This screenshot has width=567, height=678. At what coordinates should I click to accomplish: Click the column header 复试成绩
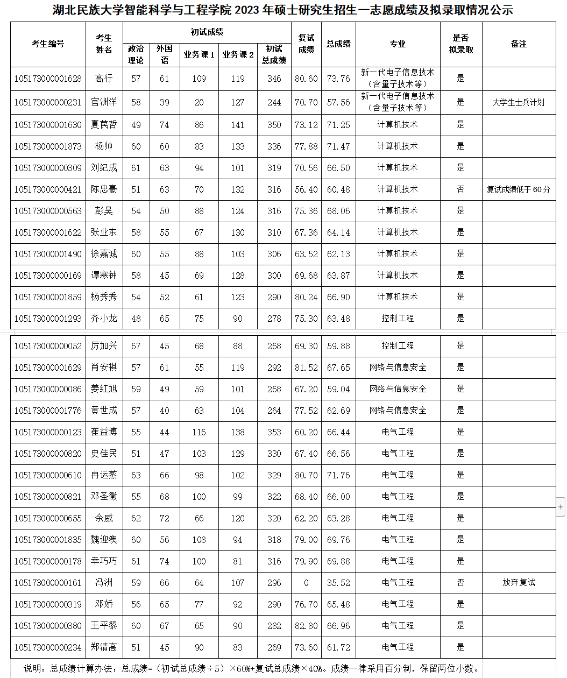click(x=306, y=44)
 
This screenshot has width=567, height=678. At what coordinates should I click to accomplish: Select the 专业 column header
click(x=398, y=44)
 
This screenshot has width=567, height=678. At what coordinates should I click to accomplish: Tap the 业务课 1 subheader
click(x=199, y=55)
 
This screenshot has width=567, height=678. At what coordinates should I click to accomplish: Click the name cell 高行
click(x=104, y=79)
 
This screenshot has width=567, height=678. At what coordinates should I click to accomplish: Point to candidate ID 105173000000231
click(x=48, y=102)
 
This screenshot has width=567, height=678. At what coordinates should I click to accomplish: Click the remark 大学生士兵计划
click(x=519, y=102)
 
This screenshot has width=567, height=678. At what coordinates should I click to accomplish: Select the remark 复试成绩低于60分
click(x=519, y=189)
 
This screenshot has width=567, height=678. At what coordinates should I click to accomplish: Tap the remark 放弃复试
click(x=519, y=582)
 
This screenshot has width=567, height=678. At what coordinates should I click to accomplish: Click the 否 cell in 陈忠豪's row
click(x=460, y=189)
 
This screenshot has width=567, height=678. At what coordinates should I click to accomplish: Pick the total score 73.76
click(x=338, y=79)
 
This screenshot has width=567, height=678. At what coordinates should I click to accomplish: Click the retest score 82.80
click(x=306, y=626)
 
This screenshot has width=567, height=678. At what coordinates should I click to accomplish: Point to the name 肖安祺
click(x=104, y=368)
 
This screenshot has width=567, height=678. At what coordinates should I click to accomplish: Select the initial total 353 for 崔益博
click(x=274, y=432)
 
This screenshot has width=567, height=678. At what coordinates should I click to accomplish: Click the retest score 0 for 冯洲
click(x=306, y=583)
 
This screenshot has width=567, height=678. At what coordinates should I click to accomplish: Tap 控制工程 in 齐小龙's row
click(x=398, y=319)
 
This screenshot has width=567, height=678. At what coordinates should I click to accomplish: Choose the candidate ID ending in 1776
click(x=48, y=411)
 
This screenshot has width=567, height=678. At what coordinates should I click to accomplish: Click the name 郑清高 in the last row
click(x=104, y=647)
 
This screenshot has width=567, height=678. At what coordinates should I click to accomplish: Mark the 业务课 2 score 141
click(x=238, y=125)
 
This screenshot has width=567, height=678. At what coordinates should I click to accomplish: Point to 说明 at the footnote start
click(x=34, y=668)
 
